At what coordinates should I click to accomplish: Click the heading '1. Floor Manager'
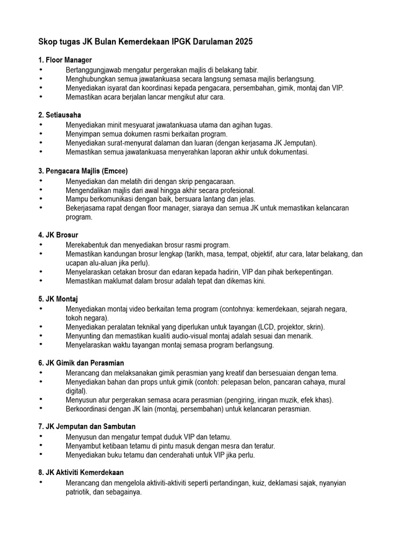click(65, 60)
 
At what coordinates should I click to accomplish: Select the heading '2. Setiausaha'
click(59, 115)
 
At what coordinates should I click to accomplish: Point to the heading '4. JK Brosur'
click(58, 235)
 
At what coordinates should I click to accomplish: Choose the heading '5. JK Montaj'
click(58, 299)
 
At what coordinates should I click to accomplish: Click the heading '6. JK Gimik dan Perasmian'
click(81, 363)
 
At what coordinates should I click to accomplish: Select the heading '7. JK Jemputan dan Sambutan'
click(86, 427)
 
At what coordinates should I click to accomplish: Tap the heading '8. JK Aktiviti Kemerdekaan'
click(81, 472)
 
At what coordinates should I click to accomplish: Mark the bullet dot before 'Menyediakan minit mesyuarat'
click(41, 125)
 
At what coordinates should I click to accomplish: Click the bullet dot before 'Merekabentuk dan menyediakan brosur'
click(41, 245)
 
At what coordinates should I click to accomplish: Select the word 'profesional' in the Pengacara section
click(237, 190)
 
